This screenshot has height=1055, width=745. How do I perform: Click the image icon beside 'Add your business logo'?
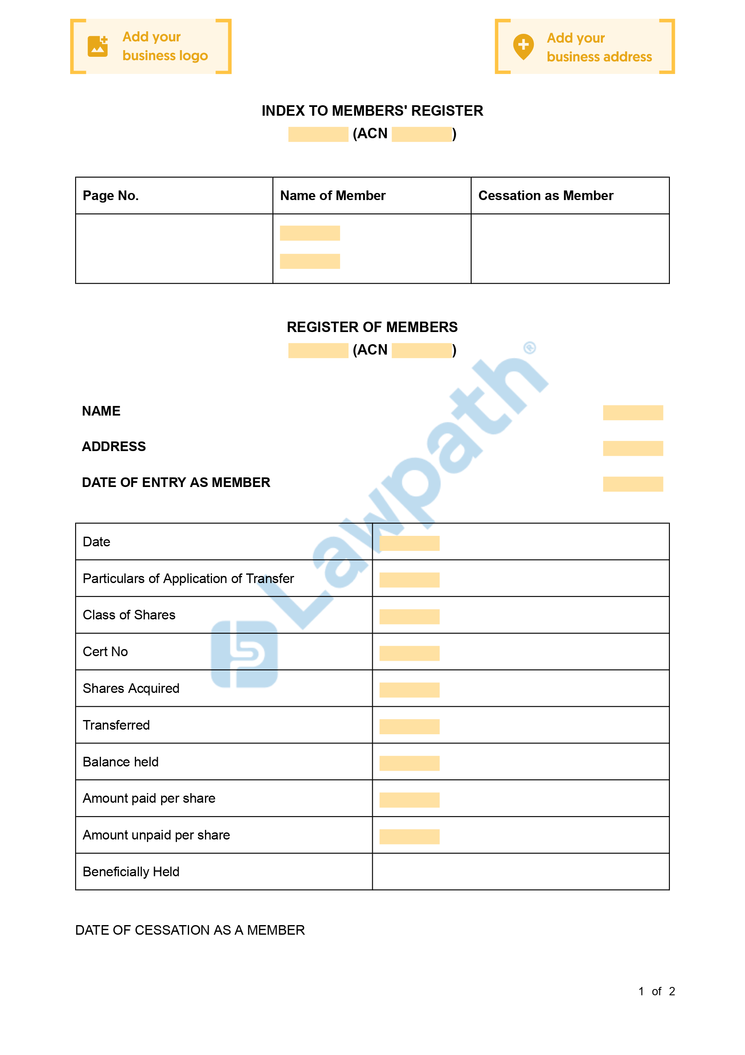97,46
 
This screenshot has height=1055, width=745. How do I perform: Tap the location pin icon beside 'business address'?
523,46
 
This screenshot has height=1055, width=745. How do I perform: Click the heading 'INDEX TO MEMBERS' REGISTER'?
372,111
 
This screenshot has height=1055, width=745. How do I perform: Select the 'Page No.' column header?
111,196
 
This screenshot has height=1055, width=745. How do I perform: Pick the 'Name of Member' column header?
333,196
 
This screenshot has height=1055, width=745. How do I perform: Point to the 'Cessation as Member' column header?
545,196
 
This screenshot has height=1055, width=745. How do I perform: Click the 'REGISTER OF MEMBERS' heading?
372,327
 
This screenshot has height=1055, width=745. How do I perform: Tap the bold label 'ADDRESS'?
114,446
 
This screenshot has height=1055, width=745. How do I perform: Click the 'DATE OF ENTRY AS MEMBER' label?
176,482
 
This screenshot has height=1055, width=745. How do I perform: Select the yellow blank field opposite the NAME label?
632,413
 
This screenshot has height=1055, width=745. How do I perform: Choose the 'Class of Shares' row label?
129,615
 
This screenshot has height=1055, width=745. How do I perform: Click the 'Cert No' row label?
105,652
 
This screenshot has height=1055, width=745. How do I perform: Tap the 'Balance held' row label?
120,762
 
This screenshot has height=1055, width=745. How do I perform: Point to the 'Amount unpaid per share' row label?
156,835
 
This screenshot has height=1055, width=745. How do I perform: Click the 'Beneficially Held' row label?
131,872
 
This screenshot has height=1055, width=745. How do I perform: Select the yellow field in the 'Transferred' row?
409,726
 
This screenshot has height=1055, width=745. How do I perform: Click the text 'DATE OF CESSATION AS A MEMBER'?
190,931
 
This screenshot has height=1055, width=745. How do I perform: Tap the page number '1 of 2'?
657,992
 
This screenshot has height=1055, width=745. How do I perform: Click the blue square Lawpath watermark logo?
244,654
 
